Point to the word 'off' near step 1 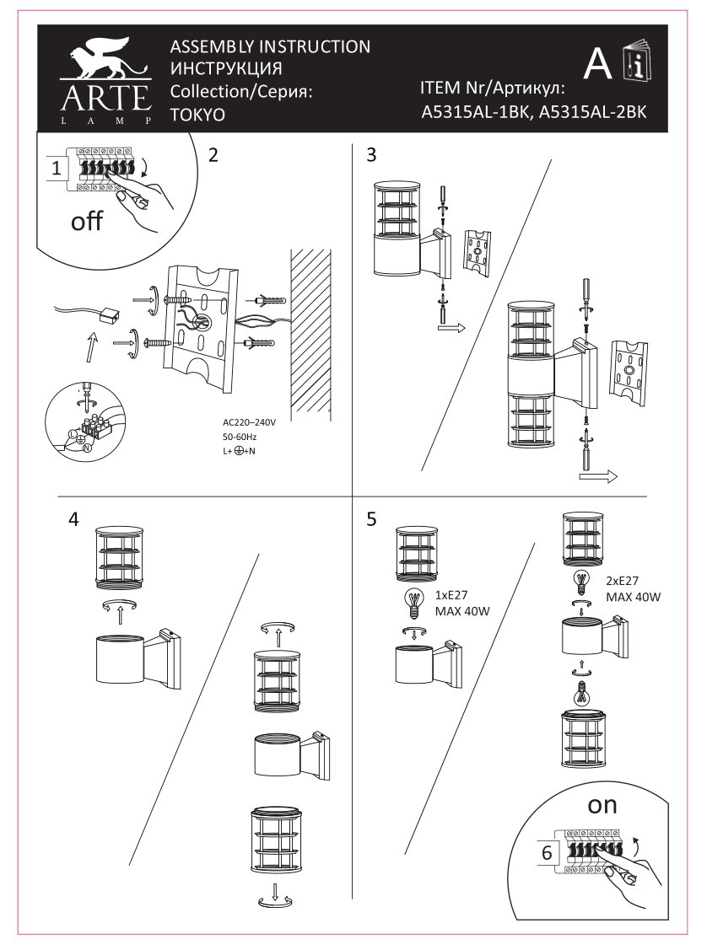coord(86,223)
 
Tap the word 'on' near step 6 coord(602,805)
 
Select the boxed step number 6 coord(546,852)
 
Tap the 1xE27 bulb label coord(453,594)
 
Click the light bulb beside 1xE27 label coord(413,603)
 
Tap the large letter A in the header coord(597,63)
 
